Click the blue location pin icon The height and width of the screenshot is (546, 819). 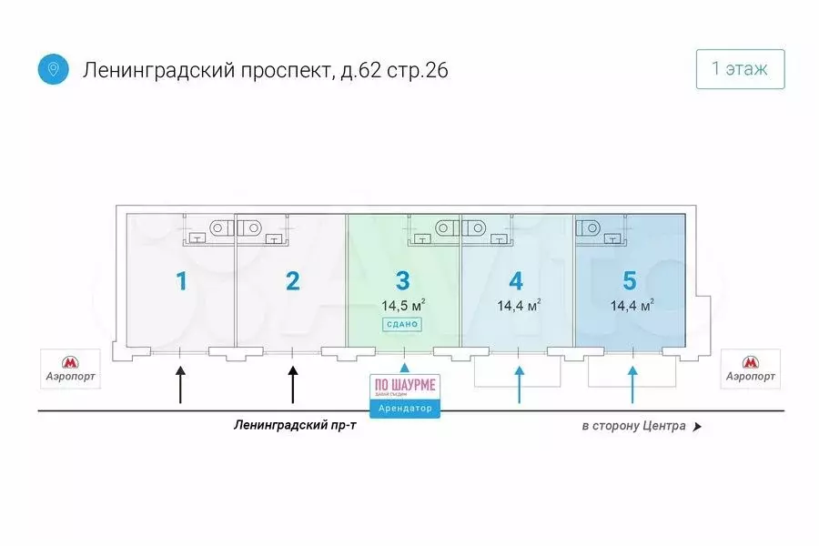coord(54,69)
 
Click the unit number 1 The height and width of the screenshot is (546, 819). coord(181,280)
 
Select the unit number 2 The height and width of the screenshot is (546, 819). coord(292,280)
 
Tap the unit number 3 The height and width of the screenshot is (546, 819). coord(403,280)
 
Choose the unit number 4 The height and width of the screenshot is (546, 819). coord(517,280)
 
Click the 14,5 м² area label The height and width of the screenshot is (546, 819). coord(404,306)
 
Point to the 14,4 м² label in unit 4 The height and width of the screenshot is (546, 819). coord(519,306)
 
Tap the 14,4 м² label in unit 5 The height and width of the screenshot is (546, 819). coord(632,306)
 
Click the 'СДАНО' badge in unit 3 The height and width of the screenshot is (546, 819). coord(401,325)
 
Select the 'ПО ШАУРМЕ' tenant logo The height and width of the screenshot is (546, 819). coord(403,386)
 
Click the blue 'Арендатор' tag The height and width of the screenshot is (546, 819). coord(403,409)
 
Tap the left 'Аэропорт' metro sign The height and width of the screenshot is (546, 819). coord(70,368)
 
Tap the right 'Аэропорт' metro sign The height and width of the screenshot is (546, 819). coord(750,368)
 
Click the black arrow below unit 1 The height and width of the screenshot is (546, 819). coord(180,383)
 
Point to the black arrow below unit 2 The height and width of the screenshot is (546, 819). coord(292,383)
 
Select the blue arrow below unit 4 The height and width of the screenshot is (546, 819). coord(519,383)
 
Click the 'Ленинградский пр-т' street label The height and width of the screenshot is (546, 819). coord(295,425)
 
